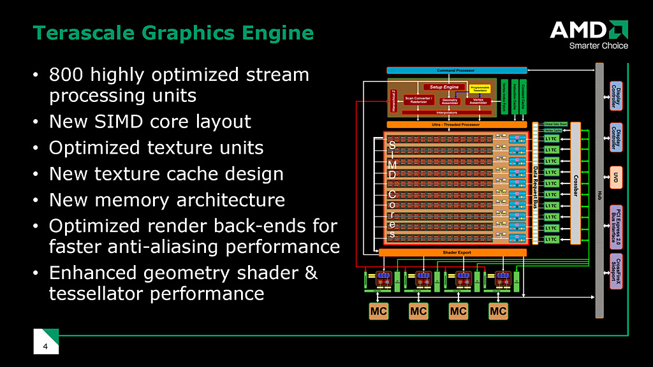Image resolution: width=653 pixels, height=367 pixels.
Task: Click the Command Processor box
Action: pyautogui.click(x=457, y=69)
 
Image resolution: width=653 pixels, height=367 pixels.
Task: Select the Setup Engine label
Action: pyautogui.click(x=444, y=87)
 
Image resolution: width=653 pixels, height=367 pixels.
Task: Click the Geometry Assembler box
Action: pyautogui.click(x=450, y=100)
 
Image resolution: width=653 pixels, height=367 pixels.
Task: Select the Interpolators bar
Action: pyautogui.click(x=446, y=113)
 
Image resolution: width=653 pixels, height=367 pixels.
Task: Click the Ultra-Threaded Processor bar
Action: pyautogui.click(x=457, y=124)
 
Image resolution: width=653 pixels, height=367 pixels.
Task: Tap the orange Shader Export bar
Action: pyautogui.click(x=453, y=252)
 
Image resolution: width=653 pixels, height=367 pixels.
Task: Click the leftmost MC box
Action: pyautogui.click(x=378, y=311)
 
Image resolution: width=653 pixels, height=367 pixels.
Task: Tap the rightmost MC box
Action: pyautogui.click(x=498, y=311)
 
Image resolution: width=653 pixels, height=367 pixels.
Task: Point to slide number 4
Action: pyautogui.click(x=45, y=347)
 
